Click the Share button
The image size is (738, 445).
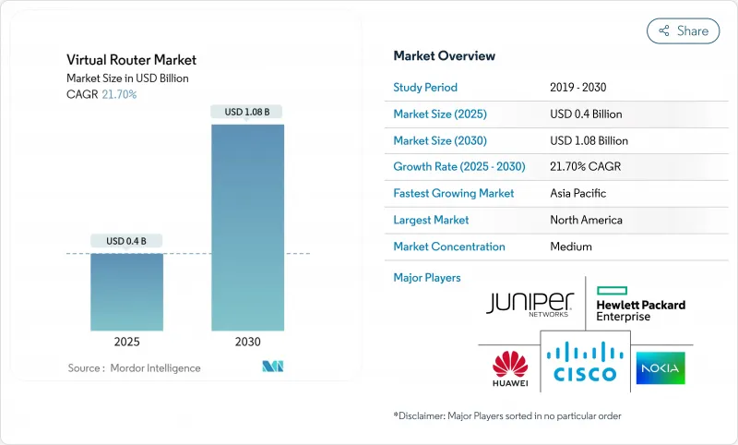683,30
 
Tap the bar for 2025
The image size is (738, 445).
126,291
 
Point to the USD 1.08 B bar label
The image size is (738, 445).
247,112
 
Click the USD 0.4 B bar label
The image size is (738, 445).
126,241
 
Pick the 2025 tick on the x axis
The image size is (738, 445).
126,342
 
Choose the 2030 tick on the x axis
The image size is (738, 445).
248,342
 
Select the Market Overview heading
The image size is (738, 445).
444,56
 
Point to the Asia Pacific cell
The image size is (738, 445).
579,194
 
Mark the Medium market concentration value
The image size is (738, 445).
570,247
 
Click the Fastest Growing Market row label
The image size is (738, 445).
453,194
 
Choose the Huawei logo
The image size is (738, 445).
509,368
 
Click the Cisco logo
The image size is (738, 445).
584,364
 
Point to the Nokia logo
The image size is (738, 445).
660,368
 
